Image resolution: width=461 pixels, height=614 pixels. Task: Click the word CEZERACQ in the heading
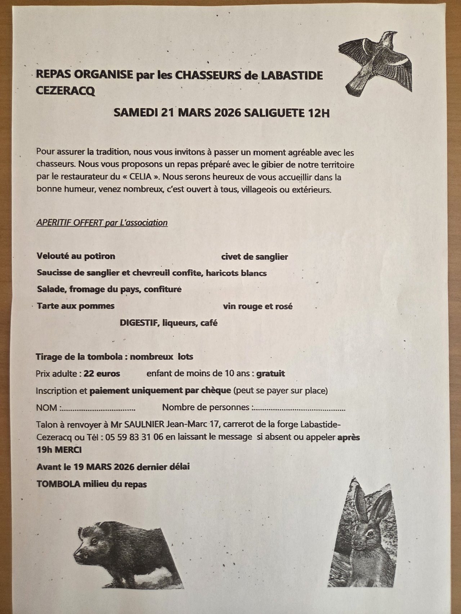point(66,91)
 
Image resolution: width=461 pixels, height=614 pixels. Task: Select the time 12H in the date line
point(317,113)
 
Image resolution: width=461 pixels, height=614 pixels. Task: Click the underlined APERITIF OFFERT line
point(102,223)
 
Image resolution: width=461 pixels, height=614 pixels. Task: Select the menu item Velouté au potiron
point(76,256)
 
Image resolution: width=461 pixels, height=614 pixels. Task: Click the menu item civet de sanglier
point(254,257)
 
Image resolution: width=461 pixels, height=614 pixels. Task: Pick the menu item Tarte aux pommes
point(76,306)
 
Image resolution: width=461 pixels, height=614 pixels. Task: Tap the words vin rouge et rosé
point(258,306)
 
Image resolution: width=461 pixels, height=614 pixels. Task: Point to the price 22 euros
point(102,374)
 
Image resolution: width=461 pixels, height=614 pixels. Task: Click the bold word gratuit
point(270,374)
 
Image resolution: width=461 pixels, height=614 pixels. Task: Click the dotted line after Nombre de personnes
point(299,409)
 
